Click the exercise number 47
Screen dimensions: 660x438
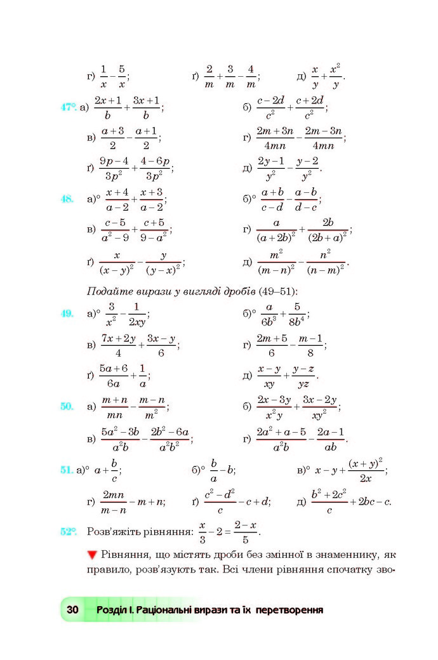pyautogui.click(x=68, y=107)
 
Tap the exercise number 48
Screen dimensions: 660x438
pyautogui.click(x=67, y=199)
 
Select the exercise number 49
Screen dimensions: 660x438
pyautogui.click(x=67, y=313)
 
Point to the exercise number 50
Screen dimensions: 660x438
pyautogui.click(x=67, y=406)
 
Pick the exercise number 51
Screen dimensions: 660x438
pyautogui.click(x=65, y=470)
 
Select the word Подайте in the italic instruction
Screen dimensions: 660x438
pyautogui.click(x=106, y=291)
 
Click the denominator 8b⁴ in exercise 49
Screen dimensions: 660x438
pyautogui.click(x=297, y=320)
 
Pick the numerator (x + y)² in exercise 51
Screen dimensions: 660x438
pyautogui.click(x=365, y=463)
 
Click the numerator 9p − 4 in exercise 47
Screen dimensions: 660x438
pyautogui.click(x=114, y=161)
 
